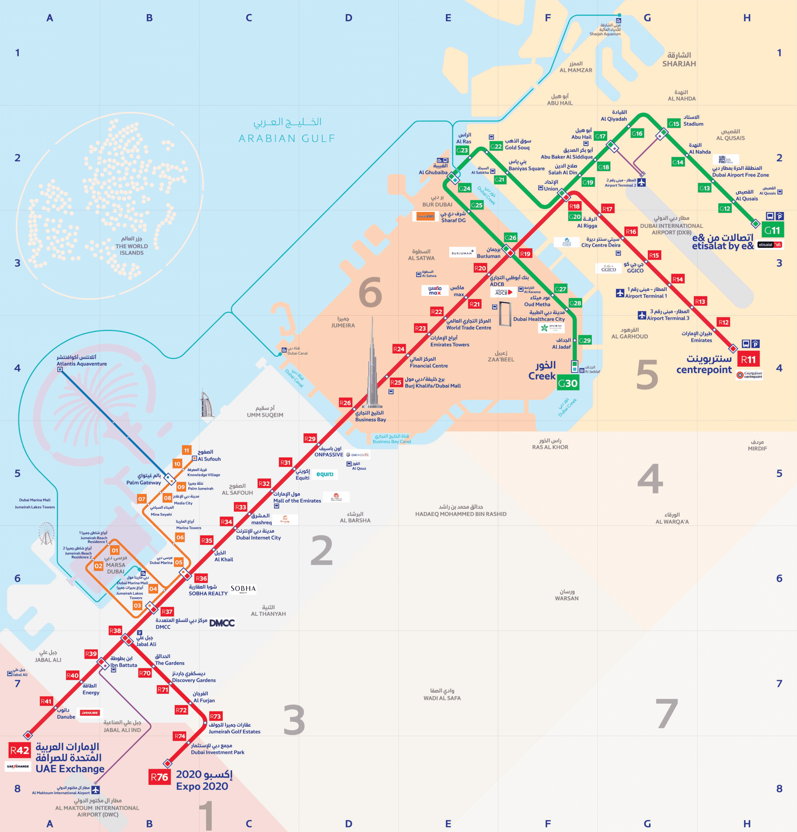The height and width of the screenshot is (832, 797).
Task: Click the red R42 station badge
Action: [20, 750]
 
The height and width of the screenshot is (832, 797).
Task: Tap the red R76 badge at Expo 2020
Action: [160, 777]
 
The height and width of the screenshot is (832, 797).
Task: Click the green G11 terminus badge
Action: [772, 230]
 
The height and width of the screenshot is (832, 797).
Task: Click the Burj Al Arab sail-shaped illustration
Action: [207, 403]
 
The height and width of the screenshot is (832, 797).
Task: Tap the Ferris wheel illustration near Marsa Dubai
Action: [46, 533]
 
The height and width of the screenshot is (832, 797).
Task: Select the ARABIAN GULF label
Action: [287, 139]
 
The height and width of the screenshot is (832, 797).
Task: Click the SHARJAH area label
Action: [679, 64]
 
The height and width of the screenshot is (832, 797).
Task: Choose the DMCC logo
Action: [222, 623]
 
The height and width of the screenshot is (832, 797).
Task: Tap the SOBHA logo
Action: [243, 589]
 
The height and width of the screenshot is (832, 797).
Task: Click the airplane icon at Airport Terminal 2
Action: [641, 182]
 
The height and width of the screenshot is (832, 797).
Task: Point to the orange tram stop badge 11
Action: [187, 451]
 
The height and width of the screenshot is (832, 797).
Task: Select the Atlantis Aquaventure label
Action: [82, 364]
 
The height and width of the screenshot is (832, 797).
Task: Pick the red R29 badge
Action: [310, 439]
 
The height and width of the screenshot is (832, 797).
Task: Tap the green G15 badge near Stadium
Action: [674, 123]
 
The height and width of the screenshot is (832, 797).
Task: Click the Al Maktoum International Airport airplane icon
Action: [96, 790]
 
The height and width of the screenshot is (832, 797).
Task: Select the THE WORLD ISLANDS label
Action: [132, 249]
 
